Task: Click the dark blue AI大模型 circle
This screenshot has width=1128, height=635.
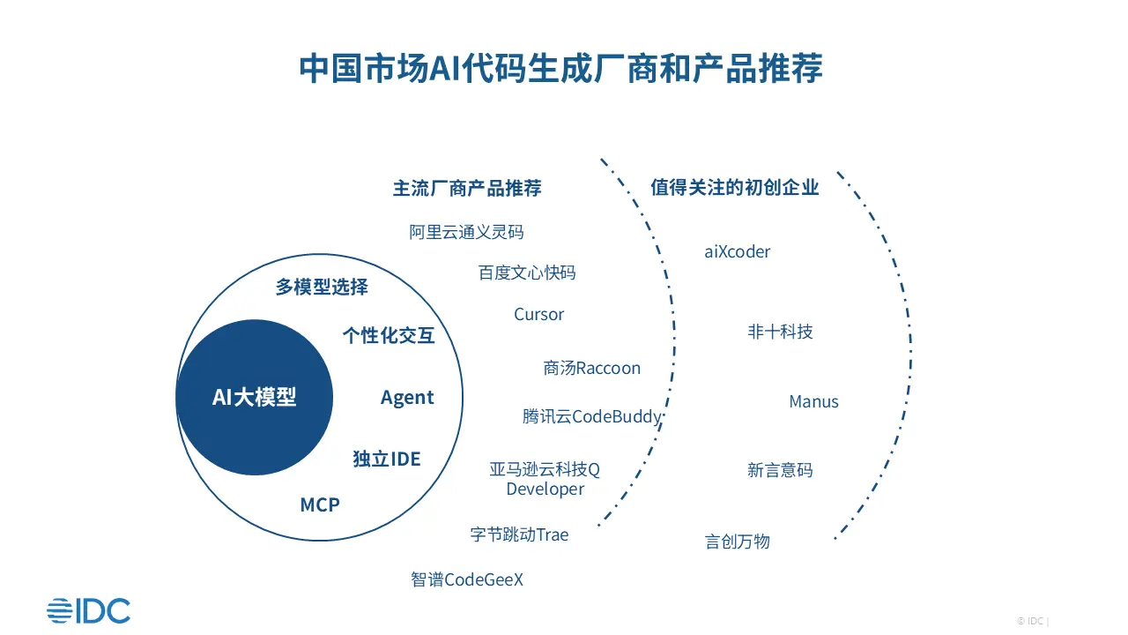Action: (255, 397)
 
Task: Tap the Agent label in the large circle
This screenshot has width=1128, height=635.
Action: (407, 398)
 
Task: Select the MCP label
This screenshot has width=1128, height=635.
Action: (320, 504)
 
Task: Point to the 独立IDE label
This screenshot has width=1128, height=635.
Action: (387, 459)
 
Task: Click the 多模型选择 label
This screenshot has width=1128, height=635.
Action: (322, 287)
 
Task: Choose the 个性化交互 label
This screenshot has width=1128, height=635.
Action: (389, 335)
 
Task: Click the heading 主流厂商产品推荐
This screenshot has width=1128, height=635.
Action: (467, 188)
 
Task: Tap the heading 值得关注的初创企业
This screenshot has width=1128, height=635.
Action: (735, 187)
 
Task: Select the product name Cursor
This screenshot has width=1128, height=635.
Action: (538, 314)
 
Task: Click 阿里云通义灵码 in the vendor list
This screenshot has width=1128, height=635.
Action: (466, 232)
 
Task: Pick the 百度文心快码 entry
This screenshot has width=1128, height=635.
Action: (527, 273)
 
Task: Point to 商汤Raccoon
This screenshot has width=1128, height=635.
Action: (591, 368)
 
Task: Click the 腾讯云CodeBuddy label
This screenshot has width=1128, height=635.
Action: (591, 416)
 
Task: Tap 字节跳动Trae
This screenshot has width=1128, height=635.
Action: (519, 534)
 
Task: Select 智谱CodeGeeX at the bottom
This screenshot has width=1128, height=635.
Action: (467, 579)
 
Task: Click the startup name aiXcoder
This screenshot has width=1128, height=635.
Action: (738, 251)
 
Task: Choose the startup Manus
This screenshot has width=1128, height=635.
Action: (813, 401)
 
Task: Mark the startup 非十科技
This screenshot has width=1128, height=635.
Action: (780, 332)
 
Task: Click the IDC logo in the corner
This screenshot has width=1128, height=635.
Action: (89, 611)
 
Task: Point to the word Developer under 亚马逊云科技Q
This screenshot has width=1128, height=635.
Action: (545, 489)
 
